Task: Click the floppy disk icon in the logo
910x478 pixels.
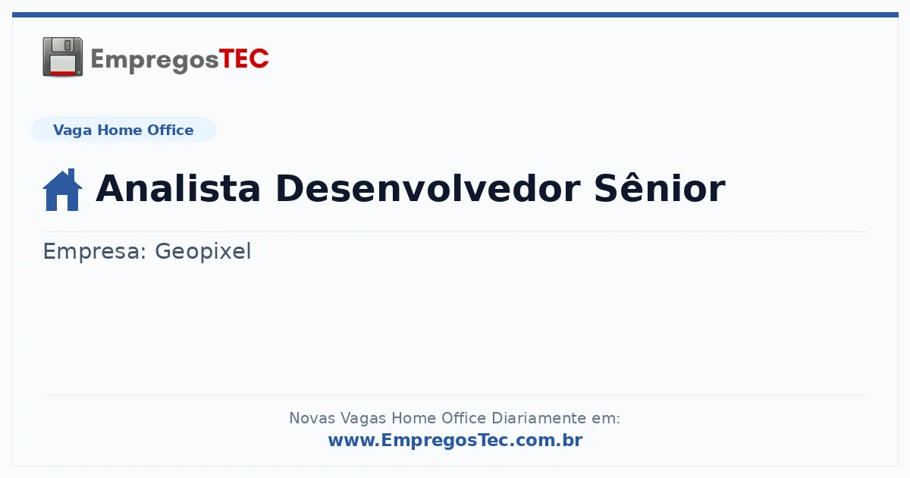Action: pos(62,57)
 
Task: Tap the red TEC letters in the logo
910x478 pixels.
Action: pos(244,59)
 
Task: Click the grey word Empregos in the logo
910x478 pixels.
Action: pos(155,61)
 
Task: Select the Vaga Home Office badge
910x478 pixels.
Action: pos(124,130)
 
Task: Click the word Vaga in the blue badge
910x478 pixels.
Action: pos(72,131)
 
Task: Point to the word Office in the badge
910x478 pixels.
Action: pos(170,130)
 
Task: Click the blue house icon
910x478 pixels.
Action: pos(62,190)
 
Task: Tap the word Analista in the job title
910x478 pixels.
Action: pos(178,188)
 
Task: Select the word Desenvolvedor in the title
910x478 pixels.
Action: pos(428,188)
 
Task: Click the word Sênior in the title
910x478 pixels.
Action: pos(660,187)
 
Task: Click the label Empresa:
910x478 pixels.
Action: pos(95,251)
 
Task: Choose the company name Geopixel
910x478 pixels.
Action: pos(203,252)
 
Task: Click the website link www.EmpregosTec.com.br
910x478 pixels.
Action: pos(456,440)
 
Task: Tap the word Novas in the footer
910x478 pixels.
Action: pos(312,418)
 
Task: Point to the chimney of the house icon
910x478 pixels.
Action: pos(71,174)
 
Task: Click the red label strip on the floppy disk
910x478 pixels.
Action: pos(63,73)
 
